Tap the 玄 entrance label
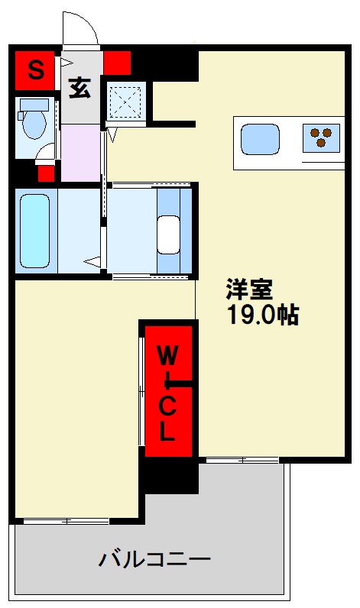click(x=79, y=89)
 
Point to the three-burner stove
click(x=321, y=137)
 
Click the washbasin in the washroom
click(x=169, y=232)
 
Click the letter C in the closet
click(x=167, y=407)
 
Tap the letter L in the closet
click(x=167, y=433)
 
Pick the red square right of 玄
click(x=118, y=61)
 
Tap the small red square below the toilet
click(x=47, y=172)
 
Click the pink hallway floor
click(x=80, y=152)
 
